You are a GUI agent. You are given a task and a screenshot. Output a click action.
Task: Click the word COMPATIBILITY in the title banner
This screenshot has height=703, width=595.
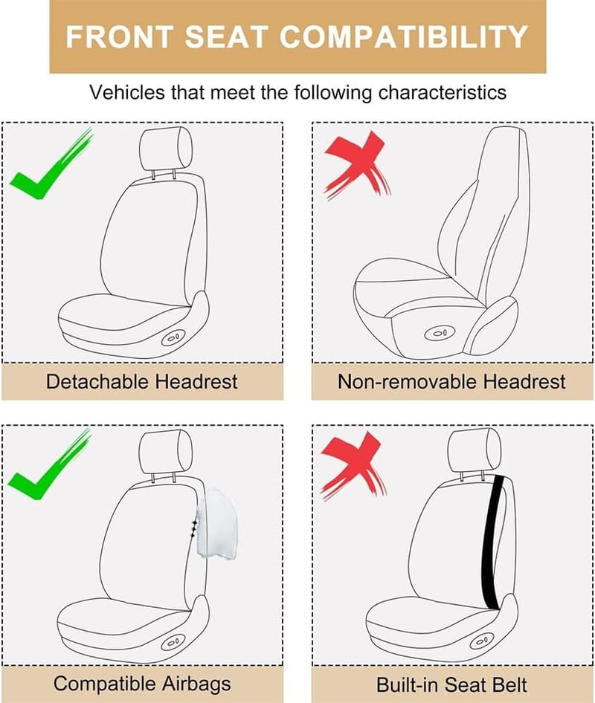[404, 36]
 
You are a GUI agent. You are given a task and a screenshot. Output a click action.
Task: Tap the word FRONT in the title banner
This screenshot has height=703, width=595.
[119, 36]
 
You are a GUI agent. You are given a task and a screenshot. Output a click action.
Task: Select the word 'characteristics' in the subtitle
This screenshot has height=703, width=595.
[443, 92]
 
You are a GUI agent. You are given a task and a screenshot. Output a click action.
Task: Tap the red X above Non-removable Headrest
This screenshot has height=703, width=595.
[358, 165]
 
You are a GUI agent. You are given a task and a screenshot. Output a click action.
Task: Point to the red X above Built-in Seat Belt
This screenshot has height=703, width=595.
[354, 464]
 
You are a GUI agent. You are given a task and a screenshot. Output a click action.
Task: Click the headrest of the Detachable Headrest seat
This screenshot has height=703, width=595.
[167, 149]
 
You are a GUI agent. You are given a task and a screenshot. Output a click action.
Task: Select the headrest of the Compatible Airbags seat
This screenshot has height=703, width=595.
[166, 452]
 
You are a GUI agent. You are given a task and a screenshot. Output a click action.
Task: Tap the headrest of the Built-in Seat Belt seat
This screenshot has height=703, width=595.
[475, 450]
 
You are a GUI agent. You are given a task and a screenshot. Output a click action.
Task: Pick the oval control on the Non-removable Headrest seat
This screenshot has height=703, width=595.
[439, 333]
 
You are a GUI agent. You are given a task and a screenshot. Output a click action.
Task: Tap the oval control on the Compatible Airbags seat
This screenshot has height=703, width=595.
[173, 643]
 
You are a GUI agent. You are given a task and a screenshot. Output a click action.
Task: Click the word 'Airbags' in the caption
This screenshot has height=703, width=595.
[196, 684]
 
